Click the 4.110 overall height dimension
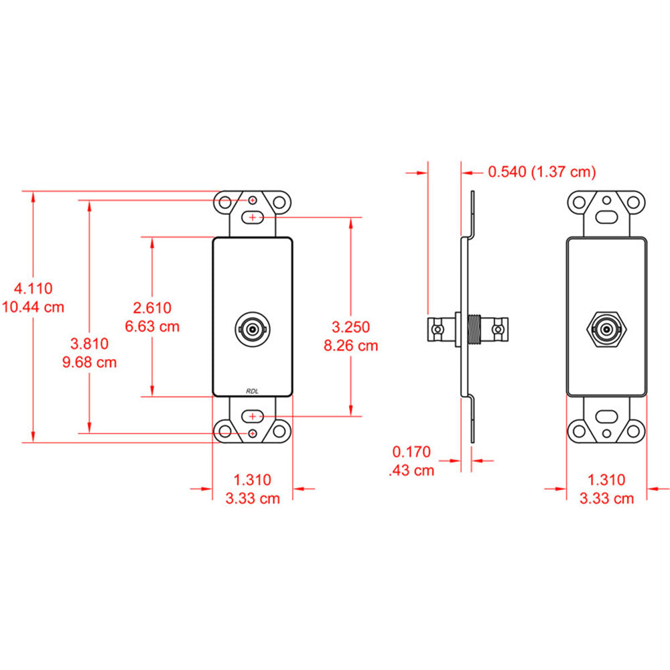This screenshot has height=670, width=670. pyautogui.click(x=33, y=289)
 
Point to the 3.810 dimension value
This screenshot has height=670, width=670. pyautogui.click(x=89, y=344)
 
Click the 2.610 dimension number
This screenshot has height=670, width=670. pyautogui.click(x=152, y=308)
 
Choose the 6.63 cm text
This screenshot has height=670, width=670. pyautogui.click(x=152, y=326)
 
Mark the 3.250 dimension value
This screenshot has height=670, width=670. pyautogui.click(x=350, y=328)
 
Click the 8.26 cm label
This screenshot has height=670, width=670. pyautogui.click(x=350, y=346)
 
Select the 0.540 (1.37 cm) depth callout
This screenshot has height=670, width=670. pyautogui.click(x=541, y=172)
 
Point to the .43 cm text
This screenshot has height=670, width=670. pyautogui.click(x=411, y=470)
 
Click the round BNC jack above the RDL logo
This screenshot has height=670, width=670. pyautogui.click(x=253, y=330)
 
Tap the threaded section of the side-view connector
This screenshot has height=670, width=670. pyautogui.click(x=477, y=330)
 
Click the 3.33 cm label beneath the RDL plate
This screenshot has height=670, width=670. pyautogui.click(x=252, y=498)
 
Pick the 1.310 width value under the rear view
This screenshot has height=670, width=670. pyautogui.click(x=606, y=480)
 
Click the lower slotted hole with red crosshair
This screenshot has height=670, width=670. pyautogui.click(x=253, y=416)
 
